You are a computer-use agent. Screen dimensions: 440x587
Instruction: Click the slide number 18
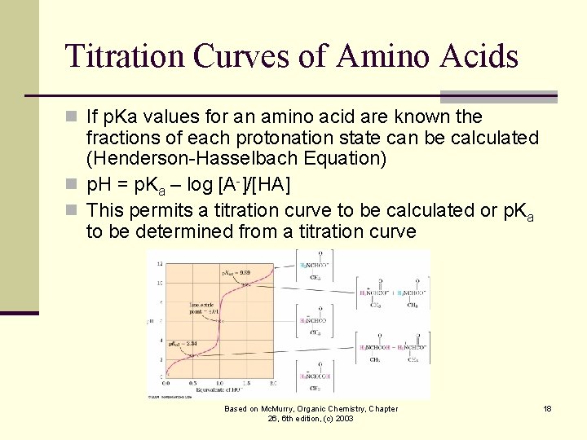tap(547, 408)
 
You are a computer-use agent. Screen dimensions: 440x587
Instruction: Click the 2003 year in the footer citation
tap(343, 418)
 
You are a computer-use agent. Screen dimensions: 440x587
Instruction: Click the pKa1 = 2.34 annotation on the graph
tap(184, 345)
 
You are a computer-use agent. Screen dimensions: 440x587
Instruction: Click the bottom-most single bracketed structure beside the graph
tap(316, 381)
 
